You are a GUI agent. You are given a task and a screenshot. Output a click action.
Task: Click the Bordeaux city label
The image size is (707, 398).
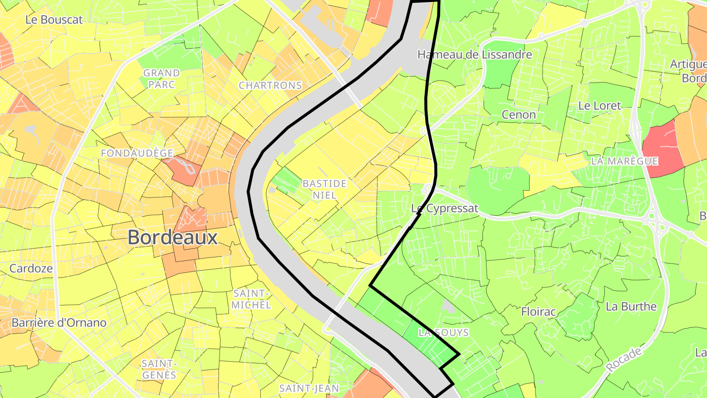(172, 238)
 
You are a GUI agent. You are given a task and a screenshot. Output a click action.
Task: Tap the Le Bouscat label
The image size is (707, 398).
(54, 20)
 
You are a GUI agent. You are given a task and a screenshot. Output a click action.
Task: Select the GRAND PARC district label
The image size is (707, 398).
(161, 79)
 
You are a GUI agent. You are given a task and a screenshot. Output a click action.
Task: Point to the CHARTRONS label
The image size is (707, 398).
(270, 85)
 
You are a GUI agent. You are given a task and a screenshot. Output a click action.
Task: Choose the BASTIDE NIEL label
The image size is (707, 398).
(324, 189)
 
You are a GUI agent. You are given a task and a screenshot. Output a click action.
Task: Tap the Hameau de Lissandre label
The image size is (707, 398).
(474, 55)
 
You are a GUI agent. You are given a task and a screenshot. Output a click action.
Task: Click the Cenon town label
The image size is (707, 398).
(518, 115)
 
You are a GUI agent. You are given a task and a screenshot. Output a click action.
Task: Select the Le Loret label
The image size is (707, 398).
(599, 106)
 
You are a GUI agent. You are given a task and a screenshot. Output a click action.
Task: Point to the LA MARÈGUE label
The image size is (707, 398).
(624, 161)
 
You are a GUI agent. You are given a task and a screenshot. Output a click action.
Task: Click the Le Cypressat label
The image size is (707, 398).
(444, 208)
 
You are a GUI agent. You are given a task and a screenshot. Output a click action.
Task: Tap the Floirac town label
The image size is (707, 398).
(538, 312)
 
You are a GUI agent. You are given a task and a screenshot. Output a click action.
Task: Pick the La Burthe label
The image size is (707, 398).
(631, 307)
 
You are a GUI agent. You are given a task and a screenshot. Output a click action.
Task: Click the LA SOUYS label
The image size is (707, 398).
(443, 333)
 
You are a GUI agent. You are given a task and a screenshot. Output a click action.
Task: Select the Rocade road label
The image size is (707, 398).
(624, 360)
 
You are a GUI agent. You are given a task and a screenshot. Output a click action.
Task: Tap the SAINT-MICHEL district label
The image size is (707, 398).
(252, 299)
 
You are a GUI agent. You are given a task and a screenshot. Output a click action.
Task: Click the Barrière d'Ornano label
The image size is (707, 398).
(58, 323)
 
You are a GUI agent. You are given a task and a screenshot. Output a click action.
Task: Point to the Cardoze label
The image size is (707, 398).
(31, 269)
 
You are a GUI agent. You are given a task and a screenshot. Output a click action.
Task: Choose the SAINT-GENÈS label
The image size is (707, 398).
(159, 369)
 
